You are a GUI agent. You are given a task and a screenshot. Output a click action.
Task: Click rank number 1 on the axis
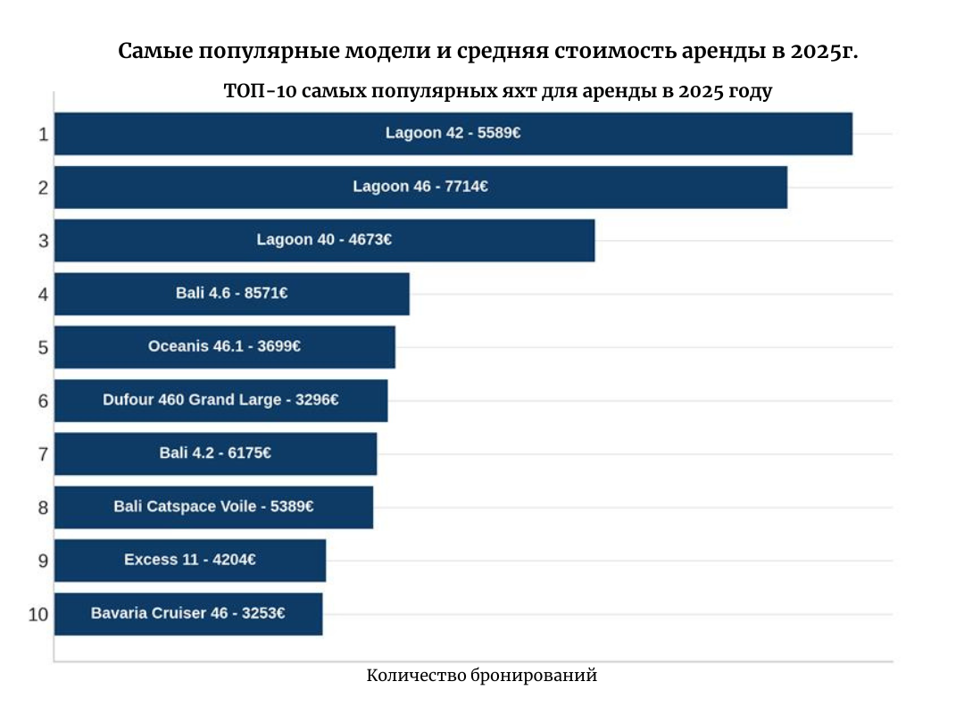(42, 135)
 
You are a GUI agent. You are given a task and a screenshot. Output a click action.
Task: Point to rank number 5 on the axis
(42, 348)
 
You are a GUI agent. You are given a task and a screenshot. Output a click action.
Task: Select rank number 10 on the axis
(38, 615)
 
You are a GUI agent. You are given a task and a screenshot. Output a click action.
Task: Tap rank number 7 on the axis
(42, 454)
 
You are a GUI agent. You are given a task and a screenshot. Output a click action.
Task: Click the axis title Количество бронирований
(481, 676)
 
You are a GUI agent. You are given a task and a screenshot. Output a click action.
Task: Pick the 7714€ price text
(466, 187)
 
